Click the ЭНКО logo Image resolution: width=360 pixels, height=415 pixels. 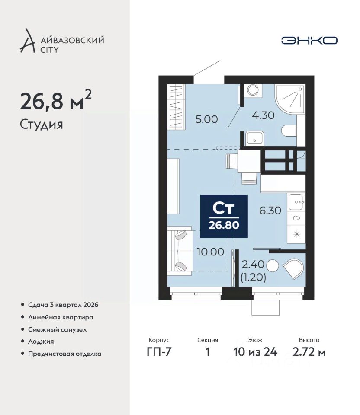coord(309,40)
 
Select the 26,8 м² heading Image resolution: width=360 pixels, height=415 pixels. coord(56,100)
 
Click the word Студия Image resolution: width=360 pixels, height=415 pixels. coord(42,124)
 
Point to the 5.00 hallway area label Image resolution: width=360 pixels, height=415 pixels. coord(207,119)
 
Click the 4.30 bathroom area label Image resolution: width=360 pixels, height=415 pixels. coord(263,115)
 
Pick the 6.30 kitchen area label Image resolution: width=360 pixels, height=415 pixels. coord(270,211)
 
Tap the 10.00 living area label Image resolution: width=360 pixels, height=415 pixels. coord(211,252)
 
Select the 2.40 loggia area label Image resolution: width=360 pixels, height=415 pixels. coord(253,264)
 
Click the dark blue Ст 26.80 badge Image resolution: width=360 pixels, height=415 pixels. coord(224,216)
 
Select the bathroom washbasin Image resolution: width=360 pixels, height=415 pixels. coord(254,138)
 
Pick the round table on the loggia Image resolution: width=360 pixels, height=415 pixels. coord(272,266)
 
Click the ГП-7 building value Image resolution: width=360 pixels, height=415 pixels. coord(159,352)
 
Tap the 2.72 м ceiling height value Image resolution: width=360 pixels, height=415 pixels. coord(309,352)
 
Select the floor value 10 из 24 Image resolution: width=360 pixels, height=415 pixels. coord(255,352)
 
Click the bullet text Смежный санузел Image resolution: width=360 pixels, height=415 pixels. coord(57,329)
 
